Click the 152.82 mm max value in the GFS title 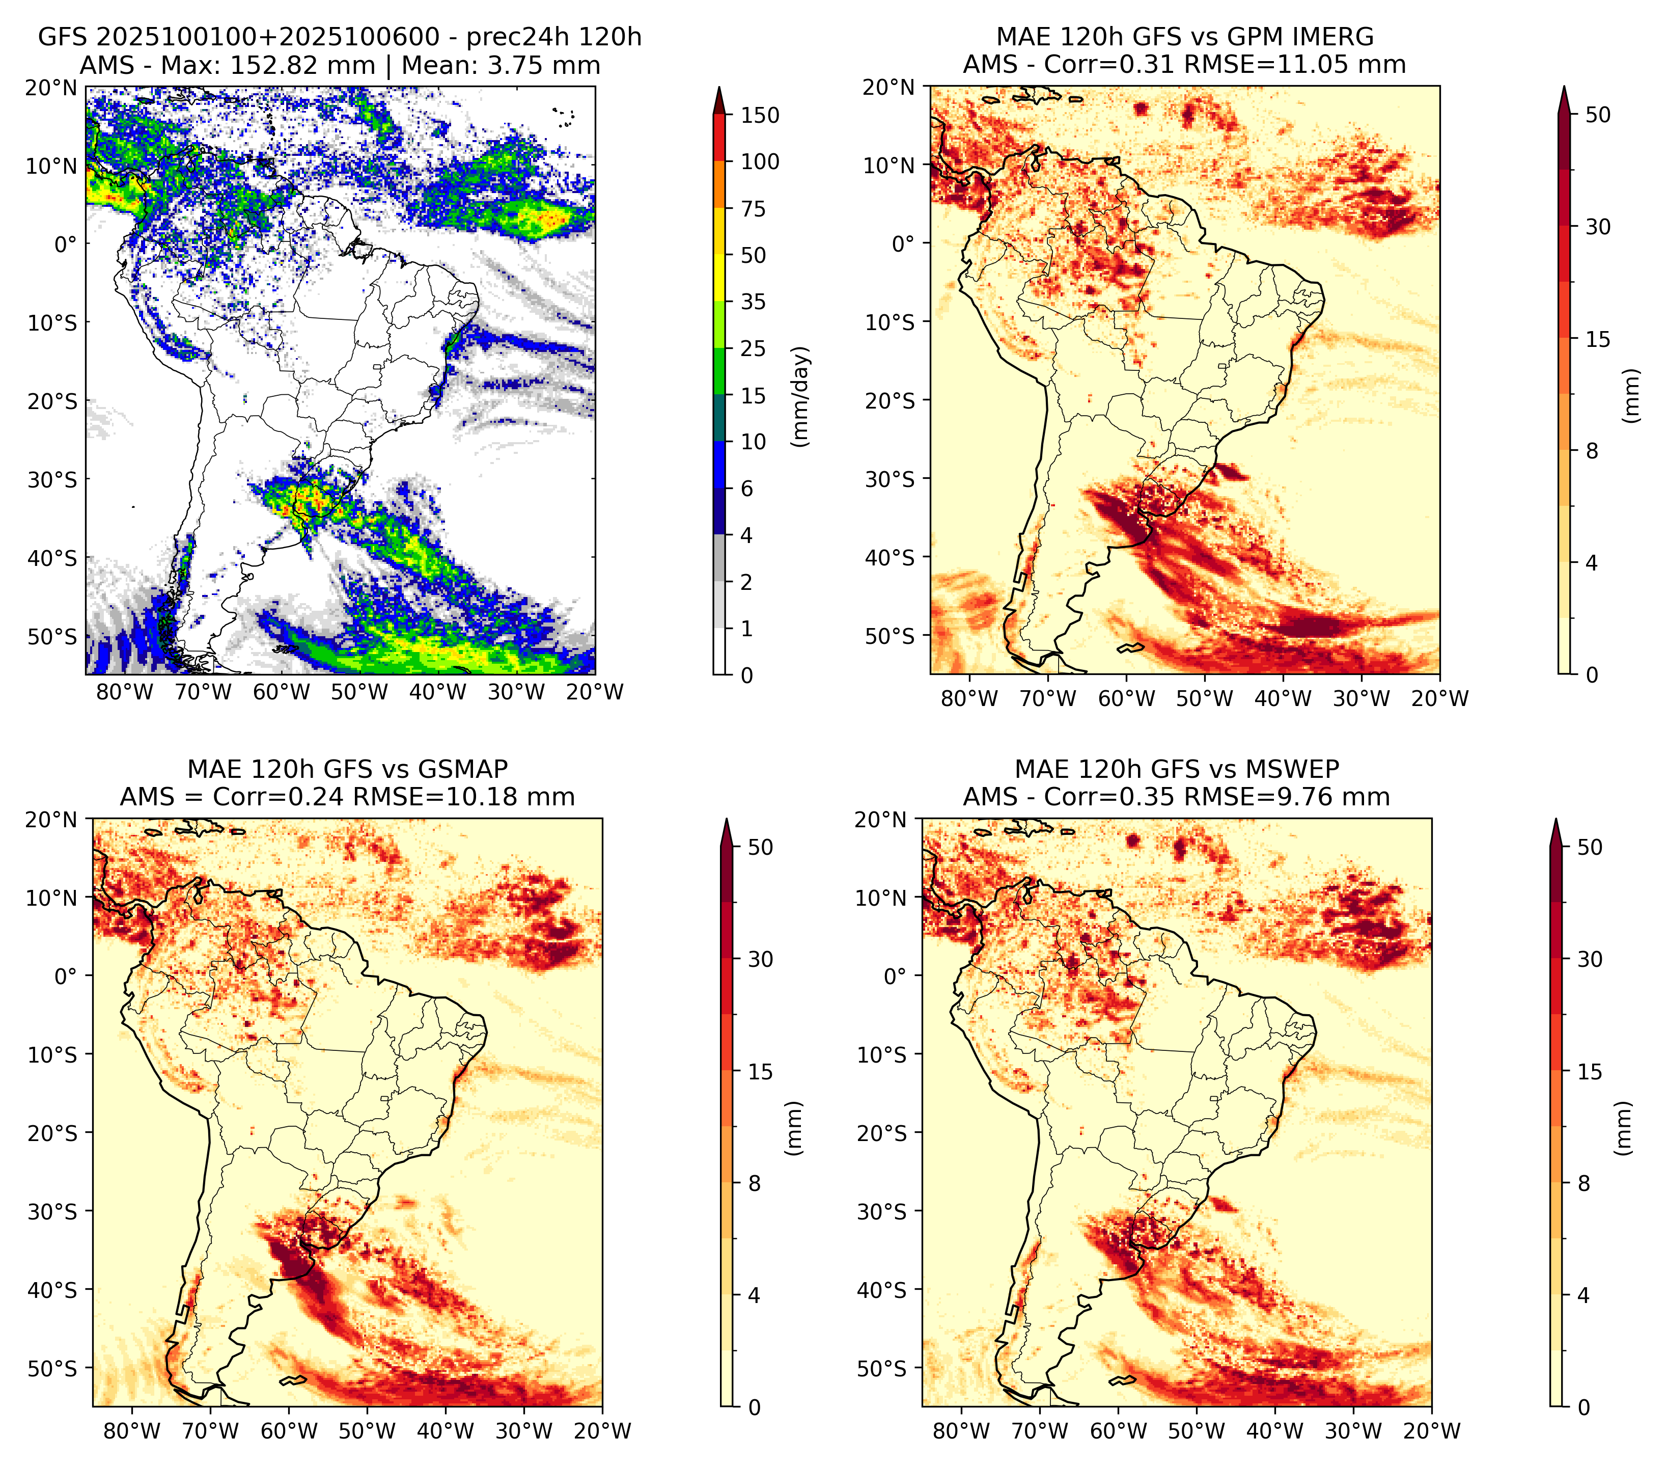302,65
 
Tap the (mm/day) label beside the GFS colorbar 802,396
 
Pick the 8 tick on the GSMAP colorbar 755,1184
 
